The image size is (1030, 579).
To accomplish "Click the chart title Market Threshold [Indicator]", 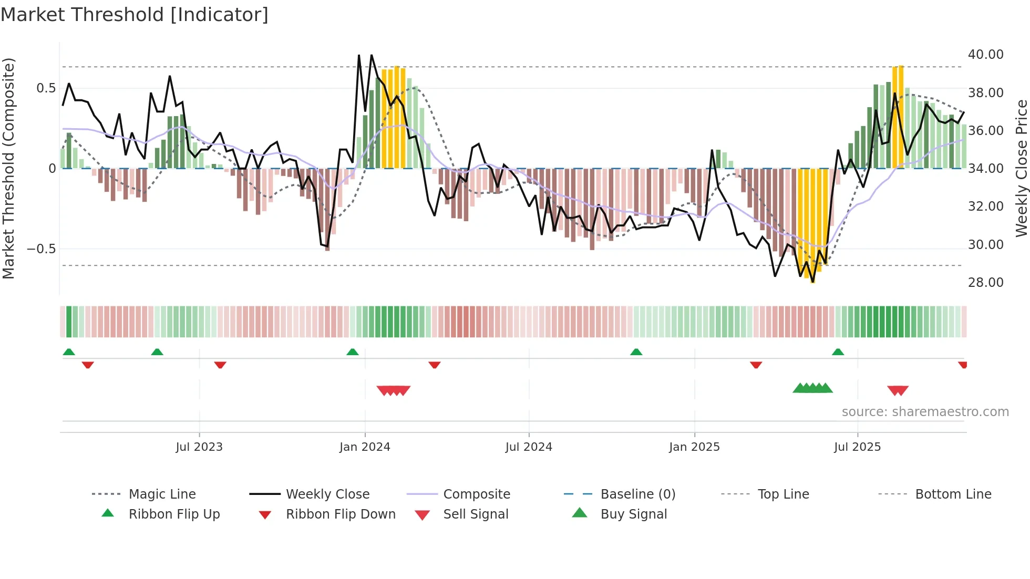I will click(135, 15).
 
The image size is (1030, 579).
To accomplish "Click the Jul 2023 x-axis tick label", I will click(199, 447).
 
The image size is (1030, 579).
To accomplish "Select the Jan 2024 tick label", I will click(365, 447).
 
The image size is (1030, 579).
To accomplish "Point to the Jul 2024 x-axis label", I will click(529, 447).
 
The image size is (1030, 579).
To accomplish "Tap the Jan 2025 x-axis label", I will click(694, 447).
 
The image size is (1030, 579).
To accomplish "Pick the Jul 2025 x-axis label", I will click(857, 447).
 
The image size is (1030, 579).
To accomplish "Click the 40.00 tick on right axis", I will click(985, 55).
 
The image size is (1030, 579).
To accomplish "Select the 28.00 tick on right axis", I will click(985, 283).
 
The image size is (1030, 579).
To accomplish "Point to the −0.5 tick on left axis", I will click(41, 249).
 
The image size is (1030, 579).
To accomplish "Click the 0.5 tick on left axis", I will click(46, 88).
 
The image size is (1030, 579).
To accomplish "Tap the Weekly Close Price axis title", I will click(1021, 168).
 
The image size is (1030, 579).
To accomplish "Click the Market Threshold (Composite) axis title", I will click(8, 168).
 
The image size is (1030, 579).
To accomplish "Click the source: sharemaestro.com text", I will click(925, 412).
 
